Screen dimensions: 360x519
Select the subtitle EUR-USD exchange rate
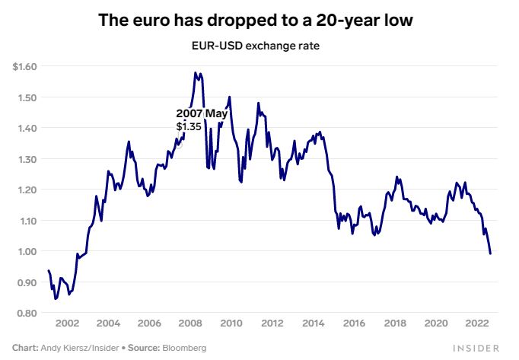(x=256, y=46)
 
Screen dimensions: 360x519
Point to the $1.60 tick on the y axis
(x=24, y=67)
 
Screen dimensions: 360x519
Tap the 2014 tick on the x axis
(x=312, y=323)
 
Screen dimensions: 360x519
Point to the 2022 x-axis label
(x=476, y=323)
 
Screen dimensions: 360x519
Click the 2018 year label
(x=394, y=323)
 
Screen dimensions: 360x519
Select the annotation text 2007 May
(x=202, y=113)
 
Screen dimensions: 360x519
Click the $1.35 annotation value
(x=189, y=126)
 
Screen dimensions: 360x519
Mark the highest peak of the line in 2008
(x=196, y=73)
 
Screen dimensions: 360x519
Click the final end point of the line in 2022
(x=490, y=253)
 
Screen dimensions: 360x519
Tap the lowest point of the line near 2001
(x=56, y=299)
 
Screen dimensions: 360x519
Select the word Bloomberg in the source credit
(x=183, y=348)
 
